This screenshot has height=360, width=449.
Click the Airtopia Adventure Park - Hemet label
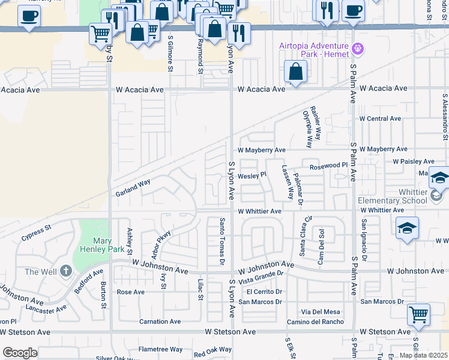tap(314, 50)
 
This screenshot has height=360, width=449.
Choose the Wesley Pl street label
tap(252, 176)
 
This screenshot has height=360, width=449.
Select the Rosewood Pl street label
tap(328, 165)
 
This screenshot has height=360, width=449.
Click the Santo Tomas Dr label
tap(221, 241)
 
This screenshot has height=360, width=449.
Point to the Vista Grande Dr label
tap(261, 277)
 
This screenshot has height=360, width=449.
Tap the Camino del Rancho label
tap(315, 322)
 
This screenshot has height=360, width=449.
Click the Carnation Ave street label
tap(160, 322)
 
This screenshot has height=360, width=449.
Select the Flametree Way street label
tap(160, 349)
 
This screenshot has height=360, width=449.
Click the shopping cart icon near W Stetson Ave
tap(418, 314)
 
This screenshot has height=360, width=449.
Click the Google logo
tap(19, 353)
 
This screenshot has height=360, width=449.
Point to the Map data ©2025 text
tap(423, 355)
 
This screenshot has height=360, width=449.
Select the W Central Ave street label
tap(380, 118)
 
